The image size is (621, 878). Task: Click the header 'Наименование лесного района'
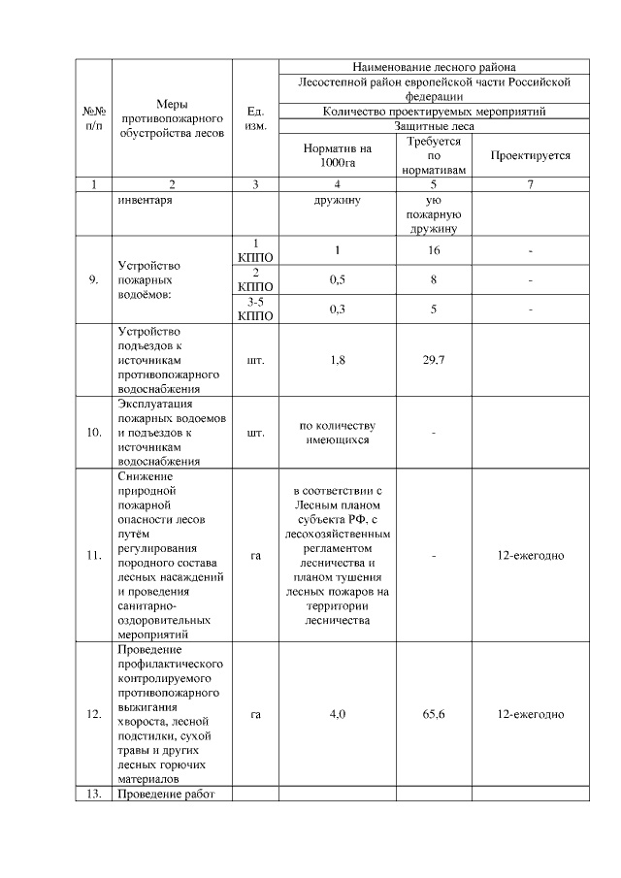click(x=433, y=67)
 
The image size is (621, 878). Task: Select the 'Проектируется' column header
click(x=530, y=155)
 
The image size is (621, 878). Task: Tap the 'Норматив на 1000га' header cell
click(x=337, y=155)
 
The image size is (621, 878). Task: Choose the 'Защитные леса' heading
click(x=434, y=126)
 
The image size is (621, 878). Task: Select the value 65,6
click(x=434, y=714)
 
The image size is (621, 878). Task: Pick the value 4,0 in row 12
click(x=337, y=714)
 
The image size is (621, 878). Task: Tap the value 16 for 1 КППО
click(x=434, y=250)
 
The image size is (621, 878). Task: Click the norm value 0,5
click(x=337, y=279)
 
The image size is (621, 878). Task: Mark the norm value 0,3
click(x=337, y=309)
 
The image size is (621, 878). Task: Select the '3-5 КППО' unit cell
click(x=256, y=309)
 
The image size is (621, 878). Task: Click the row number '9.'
click(x=94, y=279)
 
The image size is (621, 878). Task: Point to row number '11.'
click(x=94, y=555)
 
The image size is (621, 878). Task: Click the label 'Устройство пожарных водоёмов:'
click(x=155, y=279)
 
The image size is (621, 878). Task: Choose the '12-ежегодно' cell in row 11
click(x=530, y=555)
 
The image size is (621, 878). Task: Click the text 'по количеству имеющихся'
click(x=337, y=433)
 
